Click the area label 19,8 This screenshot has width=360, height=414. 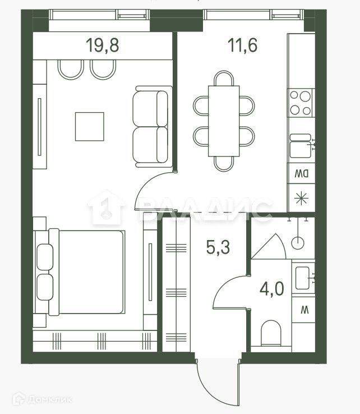pyautogui.click(x=103, y=45)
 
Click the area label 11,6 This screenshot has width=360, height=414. pyautogui.click(x=243, y=45)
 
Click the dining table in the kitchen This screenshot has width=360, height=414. pyautogui.click(x=224, y=121)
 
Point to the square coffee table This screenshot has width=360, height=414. pyautogui.click(x=90, y=126)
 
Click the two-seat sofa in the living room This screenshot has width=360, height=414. pyautogui.click(x=151, y=127)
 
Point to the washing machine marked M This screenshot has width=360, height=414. pyautogui.click(x=304, y=308)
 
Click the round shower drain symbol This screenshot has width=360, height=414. pyautogui.click(x=297, y=242)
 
